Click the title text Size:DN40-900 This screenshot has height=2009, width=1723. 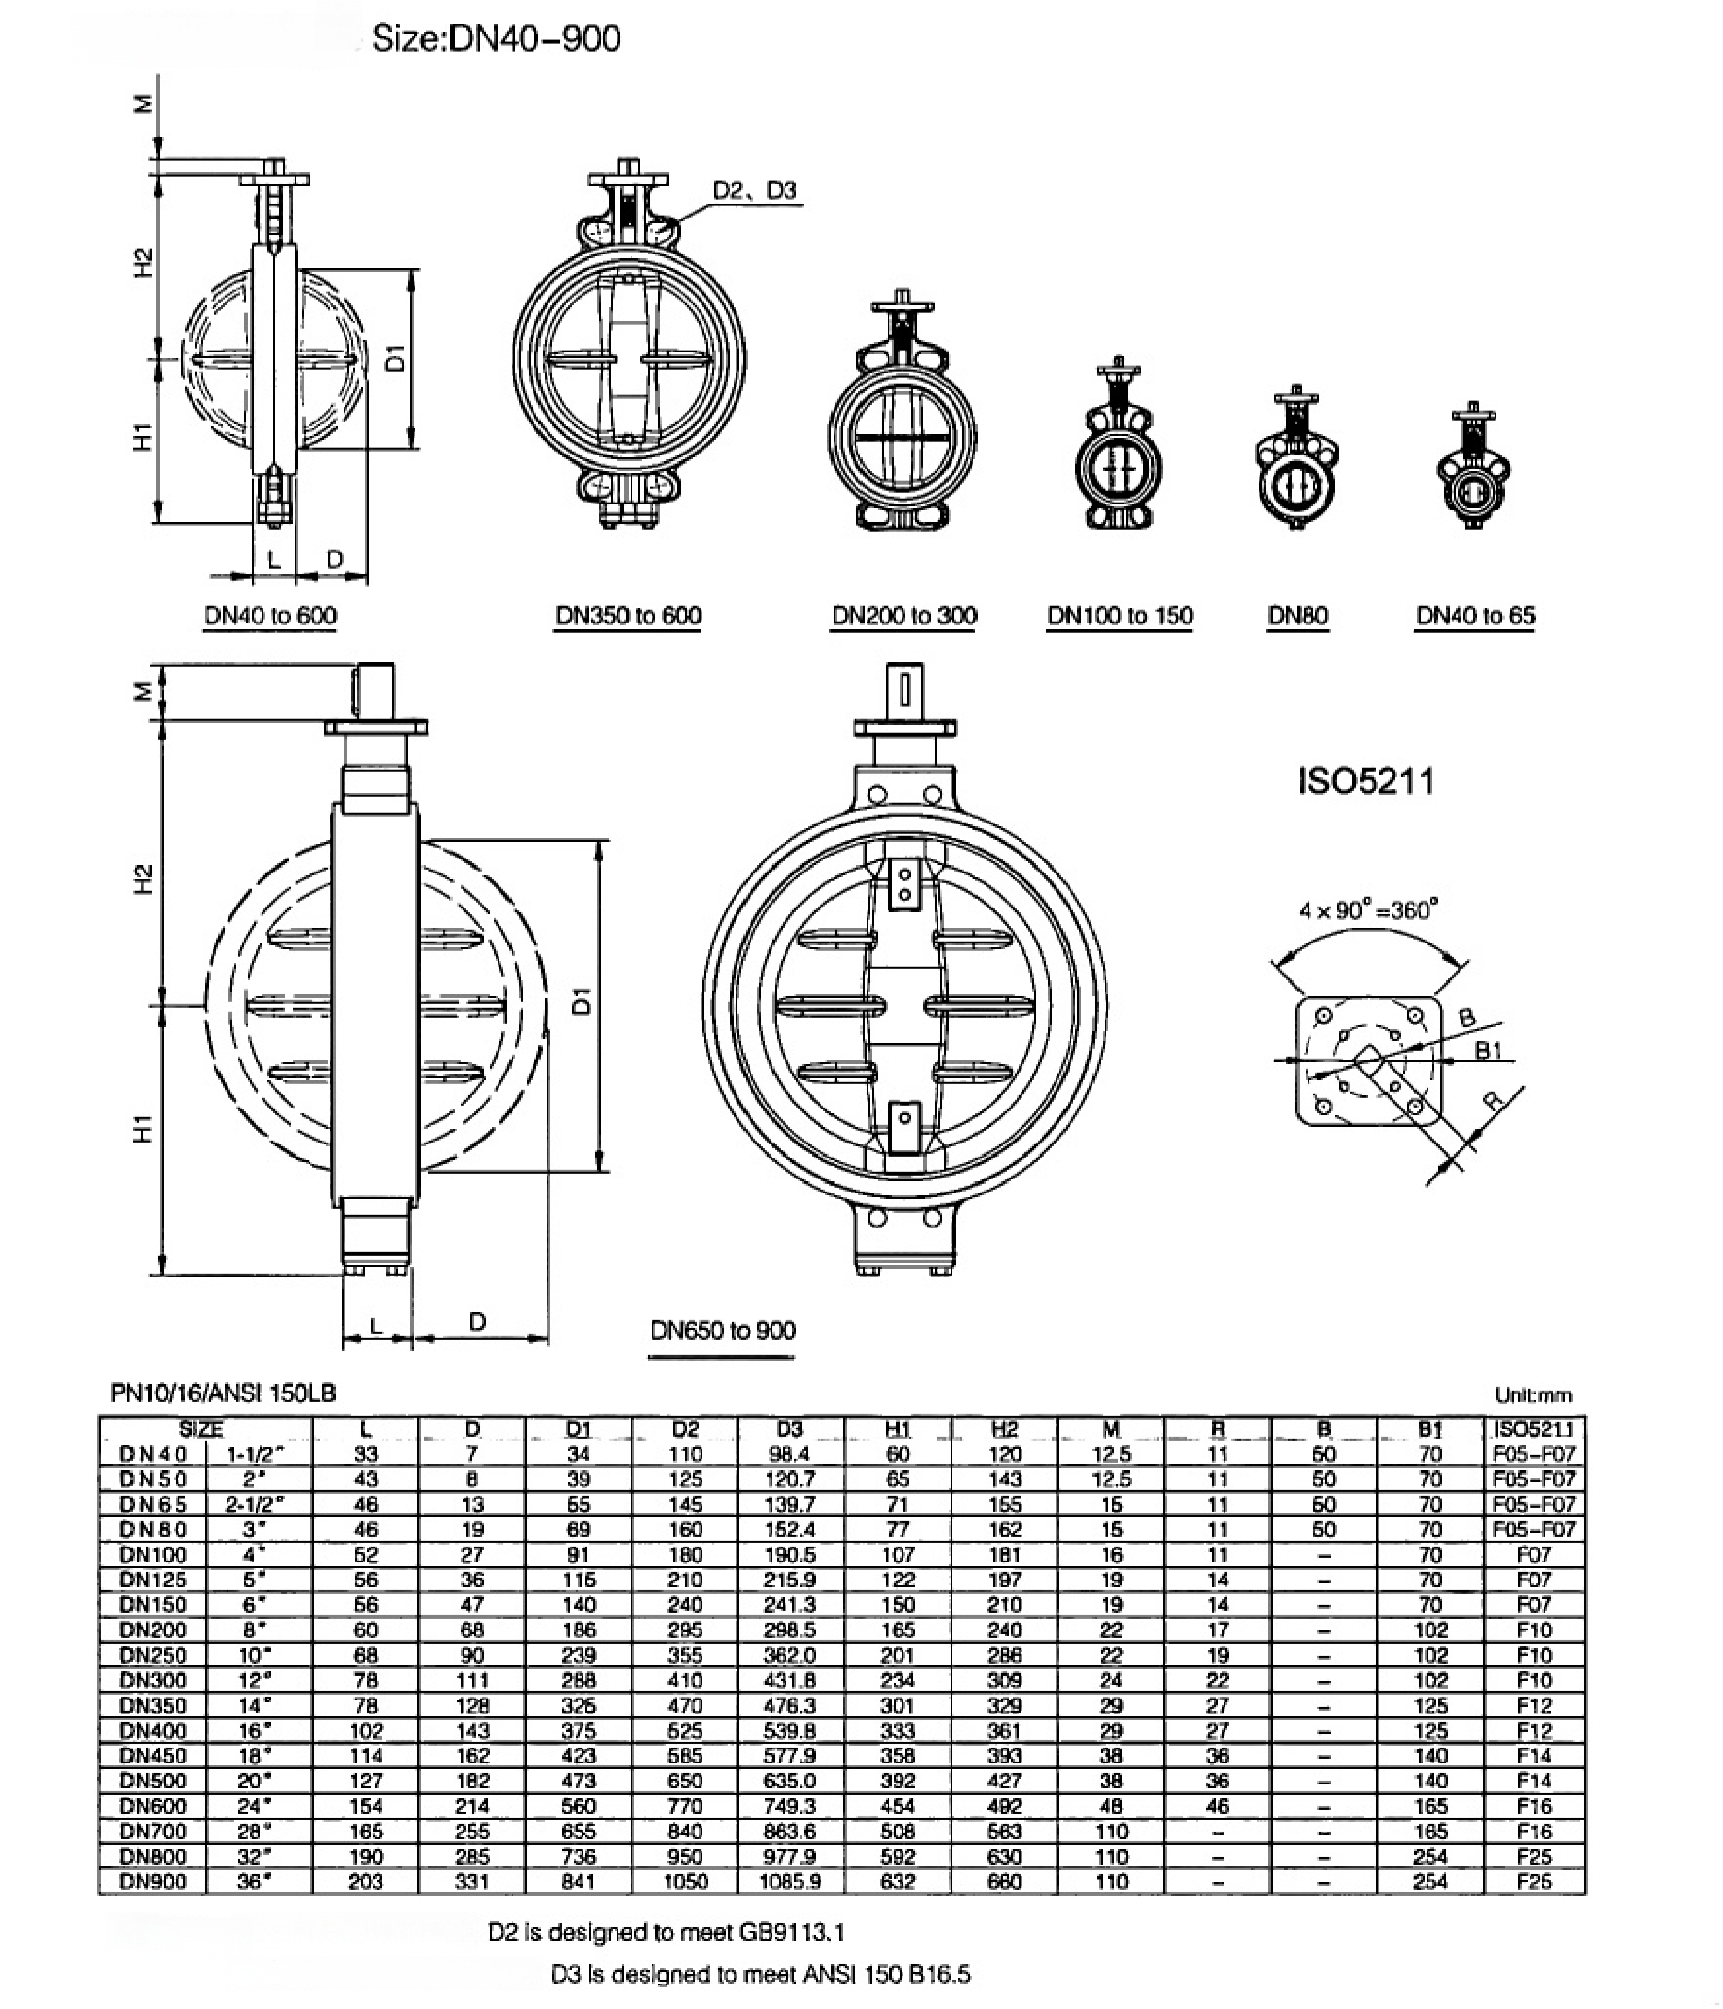(496, 39)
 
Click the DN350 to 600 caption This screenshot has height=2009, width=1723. (628, 616)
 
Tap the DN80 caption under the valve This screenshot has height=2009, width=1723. (1297, 616)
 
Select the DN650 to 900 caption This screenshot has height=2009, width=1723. (722, 1330)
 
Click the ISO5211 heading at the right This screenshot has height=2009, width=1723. (1365, 781)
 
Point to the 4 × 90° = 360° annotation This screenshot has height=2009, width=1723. (1368, 910)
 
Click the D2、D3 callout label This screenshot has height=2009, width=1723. (755, 190)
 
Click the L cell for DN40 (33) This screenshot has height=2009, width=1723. (366, 1454)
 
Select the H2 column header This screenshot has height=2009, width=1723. (1005, 1429)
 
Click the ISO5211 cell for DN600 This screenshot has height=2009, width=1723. (1535, 1806)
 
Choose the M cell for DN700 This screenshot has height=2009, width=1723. (1111, 1832)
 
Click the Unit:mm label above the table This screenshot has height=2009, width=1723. (1533, 1395)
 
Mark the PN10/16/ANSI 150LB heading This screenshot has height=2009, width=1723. (224, 1393)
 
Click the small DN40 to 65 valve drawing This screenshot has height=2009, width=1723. (1474, 470)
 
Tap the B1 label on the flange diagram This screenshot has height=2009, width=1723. (1488, 1050)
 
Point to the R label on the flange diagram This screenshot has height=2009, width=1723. (1494, 1099)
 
